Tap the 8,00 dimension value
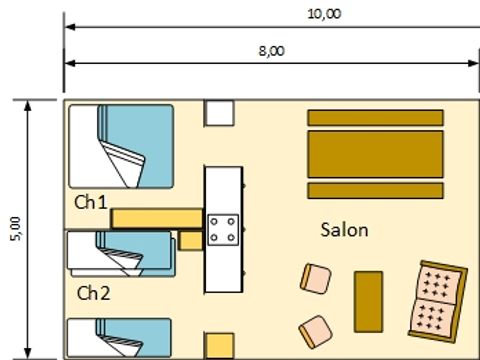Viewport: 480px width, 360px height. [x=270, y=50]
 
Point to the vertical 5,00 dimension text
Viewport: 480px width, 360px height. [x=15, y=229]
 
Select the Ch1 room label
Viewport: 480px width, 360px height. [x=91, y=201]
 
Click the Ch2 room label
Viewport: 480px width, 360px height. [x=93, y=293]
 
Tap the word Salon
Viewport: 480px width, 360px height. [x=344, y=230]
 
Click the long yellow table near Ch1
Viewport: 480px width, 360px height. [x=156, y=218]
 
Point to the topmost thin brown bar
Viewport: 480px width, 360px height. [x=375, y=117]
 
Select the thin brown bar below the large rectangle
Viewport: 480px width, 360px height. [x=375, y=191]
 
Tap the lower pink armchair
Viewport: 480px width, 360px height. [x=316, y=329]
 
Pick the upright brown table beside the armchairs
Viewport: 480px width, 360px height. [x=369, y=301]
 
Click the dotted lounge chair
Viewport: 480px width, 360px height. [x=438, y=299]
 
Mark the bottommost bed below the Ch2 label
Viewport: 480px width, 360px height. [x=120, y=338]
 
